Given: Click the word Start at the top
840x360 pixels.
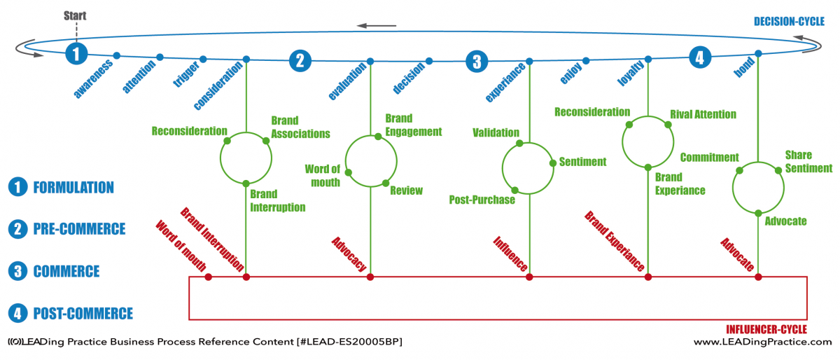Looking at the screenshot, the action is click(x=75, y=16).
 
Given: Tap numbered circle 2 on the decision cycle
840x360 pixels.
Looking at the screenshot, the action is click(x=300, y=61).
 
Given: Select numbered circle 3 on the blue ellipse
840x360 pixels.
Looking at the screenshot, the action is click(x=477, y=62).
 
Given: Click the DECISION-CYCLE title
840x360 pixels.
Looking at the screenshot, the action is click(x=789, y=22).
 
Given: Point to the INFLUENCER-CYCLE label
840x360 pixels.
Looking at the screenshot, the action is click(x=766, y=330).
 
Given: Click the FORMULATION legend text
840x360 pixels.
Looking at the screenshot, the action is click(x=73, y=188).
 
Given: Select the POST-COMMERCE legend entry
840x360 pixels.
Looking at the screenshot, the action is click(x=83, y=314).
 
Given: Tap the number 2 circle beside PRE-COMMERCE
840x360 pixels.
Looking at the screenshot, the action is click(x=17, y=229).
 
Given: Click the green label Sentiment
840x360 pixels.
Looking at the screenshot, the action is click(x=582, y=162).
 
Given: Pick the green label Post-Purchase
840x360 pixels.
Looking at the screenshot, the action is click(x=482, y=200).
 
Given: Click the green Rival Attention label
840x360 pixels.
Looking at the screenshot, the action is click(x=703, y=114).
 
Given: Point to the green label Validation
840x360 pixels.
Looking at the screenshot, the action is click(x=496, y=132).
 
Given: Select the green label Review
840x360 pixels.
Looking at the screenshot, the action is click(x=406, y=191).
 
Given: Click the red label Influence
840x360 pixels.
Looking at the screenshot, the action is click(x=510, y=254).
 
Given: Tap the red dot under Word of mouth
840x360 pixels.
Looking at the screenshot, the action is click(x=208, y=277).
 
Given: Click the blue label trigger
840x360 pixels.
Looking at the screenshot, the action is click(x=186, y=74).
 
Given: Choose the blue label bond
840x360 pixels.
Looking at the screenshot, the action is click(x=744, y=67).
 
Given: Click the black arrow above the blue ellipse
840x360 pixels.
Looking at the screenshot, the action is click(x=376, y=26).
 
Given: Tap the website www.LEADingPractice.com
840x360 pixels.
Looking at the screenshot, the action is click(x=763, y=342).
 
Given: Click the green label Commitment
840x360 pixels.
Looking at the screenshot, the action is click(x=710, y=158).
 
